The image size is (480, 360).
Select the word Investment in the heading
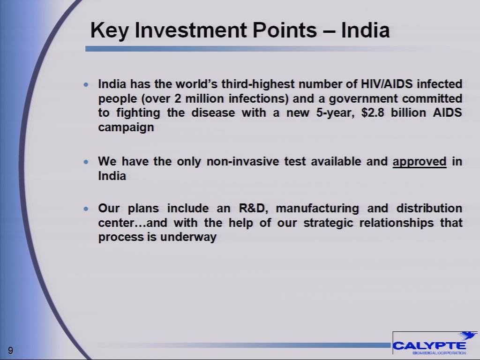click(191, 30)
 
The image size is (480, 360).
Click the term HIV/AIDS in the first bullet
click(387, 84)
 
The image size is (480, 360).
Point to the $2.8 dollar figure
click(373, 112)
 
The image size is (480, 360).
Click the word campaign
click(126, 127)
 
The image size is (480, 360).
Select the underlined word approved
click(420, 162)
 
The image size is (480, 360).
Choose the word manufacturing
click(317, 209)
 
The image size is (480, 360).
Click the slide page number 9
click(10, 351)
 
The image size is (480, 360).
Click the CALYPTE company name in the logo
click(429, 346)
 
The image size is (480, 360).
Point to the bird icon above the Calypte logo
click(468, 335)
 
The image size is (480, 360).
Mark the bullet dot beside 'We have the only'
click(86, 162)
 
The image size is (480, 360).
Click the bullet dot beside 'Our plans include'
click(86, 209)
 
